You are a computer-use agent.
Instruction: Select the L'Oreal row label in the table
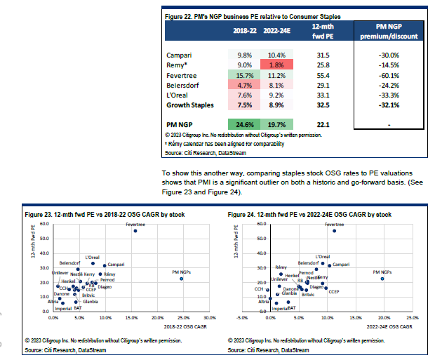point(178,93)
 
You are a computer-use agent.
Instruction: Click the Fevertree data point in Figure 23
point(135,231)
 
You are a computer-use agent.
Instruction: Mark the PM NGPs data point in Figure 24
point(382,279)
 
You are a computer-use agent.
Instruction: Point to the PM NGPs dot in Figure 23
point(181,279)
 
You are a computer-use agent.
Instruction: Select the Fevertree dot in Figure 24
point(334,231)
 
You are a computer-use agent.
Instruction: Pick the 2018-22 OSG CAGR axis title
point(180,328)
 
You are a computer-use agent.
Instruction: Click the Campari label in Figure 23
point(116,265)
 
